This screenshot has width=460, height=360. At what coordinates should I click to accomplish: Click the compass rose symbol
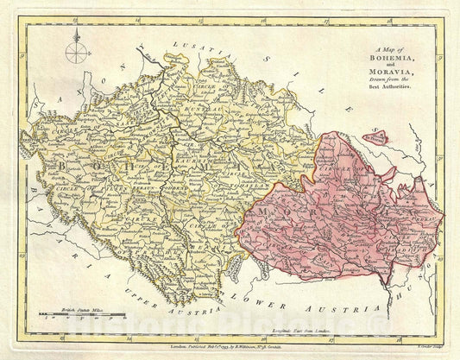tap(77, 51)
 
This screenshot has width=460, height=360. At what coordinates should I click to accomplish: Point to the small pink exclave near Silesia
tap(375, 136)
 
